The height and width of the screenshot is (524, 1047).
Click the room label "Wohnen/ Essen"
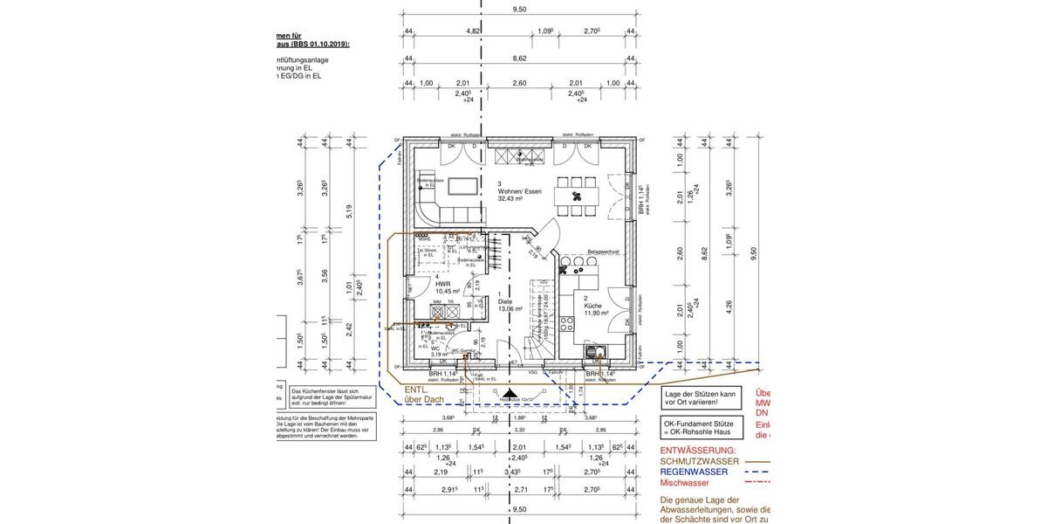point(522,190)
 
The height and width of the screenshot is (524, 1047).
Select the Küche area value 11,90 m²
point(598,313)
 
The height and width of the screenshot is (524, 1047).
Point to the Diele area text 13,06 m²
point(510,308)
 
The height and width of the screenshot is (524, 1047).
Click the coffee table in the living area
point(462,186)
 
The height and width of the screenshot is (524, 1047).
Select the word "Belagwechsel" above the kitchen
point(603,252)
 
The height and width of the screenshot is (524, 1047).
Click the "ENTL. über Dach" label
point(423,395)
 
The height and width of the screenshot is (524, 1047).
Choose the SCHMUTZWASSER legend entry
point(701,461)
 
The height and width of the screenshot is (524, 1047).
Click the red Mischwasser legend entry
point(684,482)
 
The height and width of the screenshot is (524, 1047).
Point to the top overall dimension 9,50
point(519,10)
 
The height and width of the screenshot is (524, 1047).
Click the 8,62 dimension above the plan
point(519,59)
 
